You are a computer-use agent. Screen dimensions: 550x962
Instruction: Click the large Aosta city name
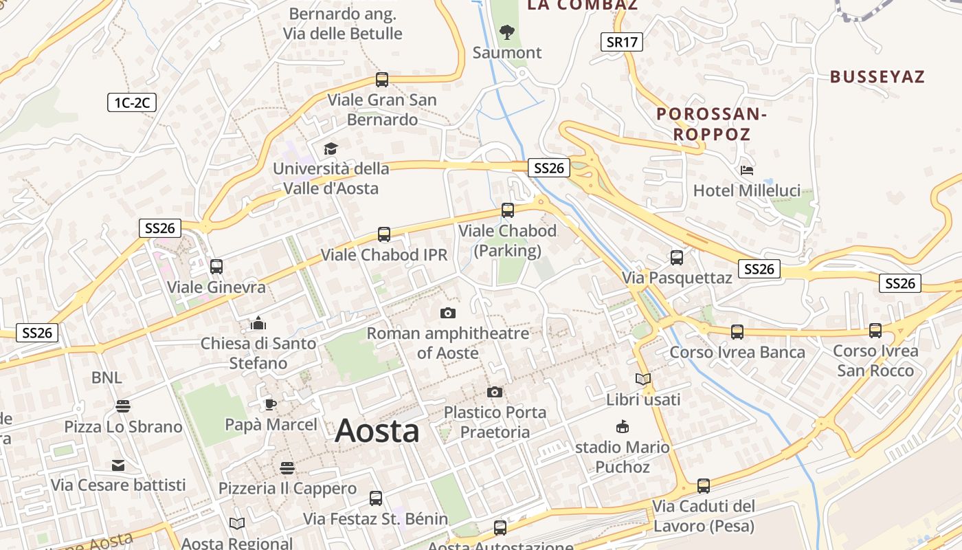377,431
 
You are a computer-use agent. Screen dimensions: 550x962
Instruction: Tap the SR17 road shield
622,42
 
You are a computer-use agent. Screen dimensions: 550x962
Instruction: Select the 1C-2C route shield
132,103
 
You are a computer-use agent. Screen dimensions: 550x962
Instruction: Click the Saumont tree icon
507,32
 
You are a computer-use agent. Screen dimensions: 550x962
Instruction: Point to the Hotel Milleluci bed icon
747,170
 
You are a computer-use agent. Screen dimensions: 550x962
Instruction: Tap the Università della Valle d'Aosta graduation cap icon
331,148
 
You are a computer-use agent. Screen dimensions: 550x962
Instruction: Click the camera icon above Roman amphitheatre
448,313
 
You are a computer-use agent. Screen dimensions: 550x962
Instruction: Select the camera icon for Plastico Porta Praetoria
495,393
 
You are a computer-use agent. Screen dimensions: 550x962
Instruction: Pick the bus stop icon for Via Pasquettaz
677,258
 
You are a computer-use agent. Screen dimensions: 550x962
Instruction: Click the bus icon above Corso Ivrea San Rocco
875,331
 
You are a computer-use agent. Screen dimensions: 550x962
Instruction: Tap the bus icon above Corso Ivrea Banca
737,332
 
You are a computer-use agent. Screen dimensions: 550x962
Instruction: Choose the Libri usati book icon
643,379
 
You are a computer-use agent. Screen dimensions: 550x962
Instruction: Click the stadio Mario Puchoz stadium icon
623,427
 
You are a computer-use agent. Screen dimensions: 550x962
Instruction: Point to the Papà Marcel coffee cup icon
271,404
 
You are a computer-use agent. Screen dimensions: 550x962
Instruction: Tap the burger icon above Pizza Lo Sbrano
123,406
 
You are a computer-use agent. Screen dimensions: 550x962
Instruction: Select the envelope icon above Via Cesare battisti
119,465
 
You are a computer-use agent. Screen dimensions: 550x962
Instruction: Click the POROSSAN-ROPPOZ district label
711,124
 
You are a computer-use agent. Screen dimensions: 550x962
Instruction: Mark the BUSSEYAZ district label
877,76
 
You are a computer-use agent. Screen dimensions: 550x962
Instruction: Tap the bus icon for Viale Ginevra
216,266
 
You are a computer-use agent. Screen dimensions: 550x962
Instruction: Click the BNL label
107,377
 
